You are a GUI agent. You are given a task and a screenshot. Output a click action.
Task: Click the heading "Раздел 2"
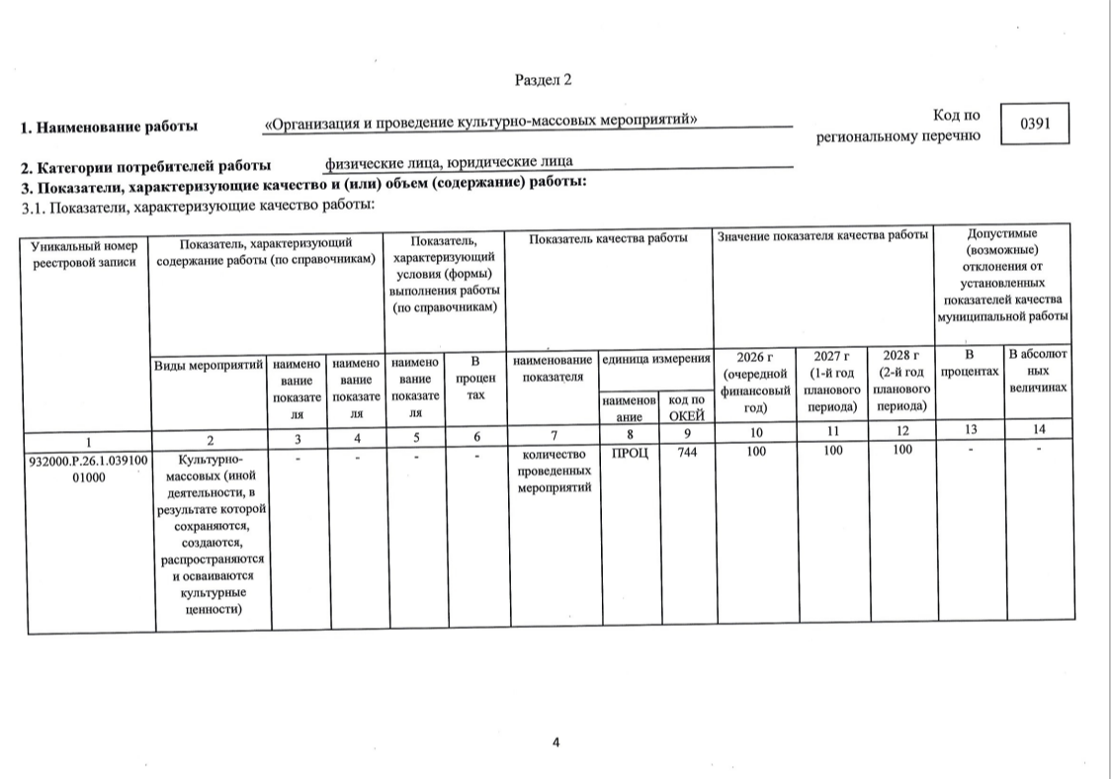(x=543, y=79)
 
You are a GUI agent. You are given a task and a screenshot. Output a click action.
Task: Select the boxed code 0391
(x=1034, y=124)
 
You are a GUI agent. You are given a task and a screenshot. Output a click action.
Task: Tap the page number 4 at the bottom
(x=555, y=742)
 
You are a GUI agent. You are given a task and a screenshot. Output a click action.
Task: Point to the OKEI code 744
(x=687, y=454)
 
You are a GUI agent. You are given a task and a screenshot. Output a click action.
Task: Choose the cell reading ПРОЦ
(x=631, y=454)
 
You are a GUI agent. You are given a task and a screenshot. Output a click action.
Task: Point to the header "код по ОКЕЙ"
(x=687, y=406)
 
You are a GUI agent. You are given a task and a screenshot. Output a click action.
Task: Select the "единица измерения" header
(x=656, y=361)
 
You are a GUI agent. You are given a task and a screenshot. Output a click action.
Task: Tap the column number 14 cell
(x=1039, y=430)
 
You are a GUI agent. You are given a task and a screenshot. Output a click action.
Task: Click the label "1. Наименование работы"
(x=110, y=127)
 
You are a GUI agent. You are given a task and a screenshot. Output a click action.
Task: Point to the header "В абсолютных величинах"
(x=1039, y=371)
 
